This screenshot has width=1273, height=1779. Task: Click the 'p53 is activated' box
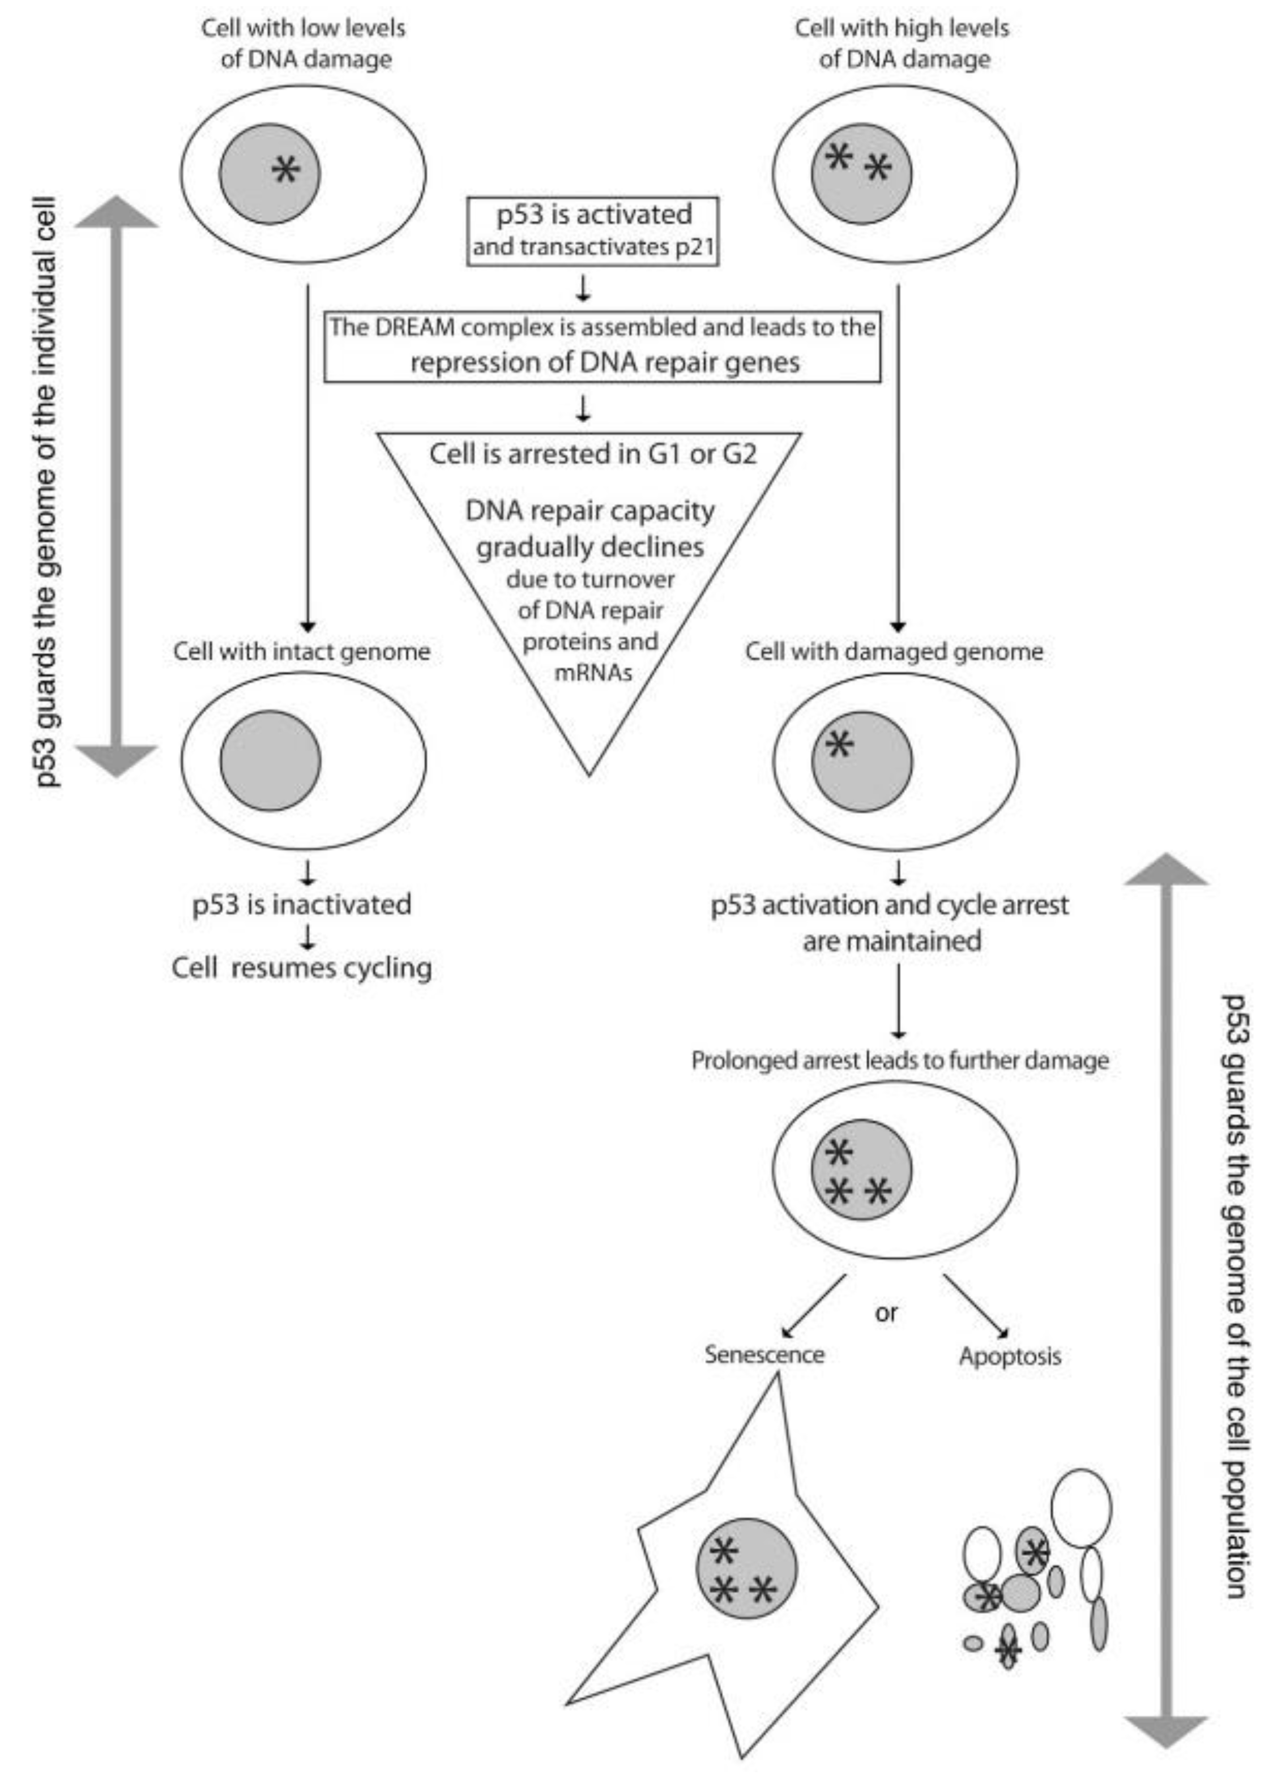(x=592, y=230)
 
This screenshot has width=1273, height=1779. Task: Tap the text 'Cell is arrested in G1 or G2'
(x=592, y=454)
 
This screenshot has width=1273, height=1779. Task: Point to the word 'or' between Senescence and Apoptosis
(x=886, y=1312)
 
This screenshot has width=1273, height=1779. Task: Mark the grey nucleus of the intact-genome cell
(x=271, y=760)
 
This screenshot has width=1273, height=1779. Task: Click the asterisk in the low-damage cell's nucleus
(x=285, y=169)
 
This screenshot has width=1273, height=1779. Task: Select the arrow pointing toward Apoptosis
(x=975, y=1306)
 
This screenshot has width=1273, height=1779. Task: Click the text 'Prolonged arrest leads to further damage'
(x=900, y=1060)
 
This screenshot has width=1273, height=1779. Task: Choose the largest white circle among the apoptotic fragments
(x=1081, y=1508)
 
